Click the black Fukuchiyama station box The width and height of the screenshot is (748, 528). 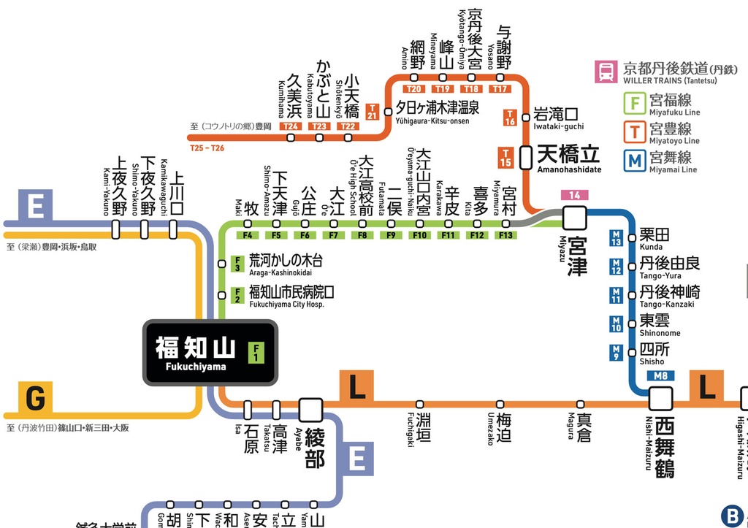[210, 352]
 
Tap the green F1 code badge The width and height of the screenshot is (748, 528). [256, 353]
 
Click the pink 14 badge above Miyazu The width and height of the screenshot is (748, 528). [575, 195]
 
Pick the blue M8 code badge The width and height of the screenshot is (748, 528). [660, 376]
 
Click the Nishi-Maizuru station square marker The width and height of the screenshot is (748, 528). [661, 399]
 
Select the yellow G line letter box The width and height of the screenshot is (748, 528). [35, 399]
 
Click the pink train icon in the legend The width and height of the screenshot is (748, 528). [606, 72]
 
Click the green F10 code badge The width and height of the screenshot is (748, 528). [419, 235]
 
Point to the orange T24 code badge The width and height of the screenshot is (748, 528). [291, 126]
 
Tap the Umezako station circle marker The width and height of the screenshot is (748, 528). [500, 404]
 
